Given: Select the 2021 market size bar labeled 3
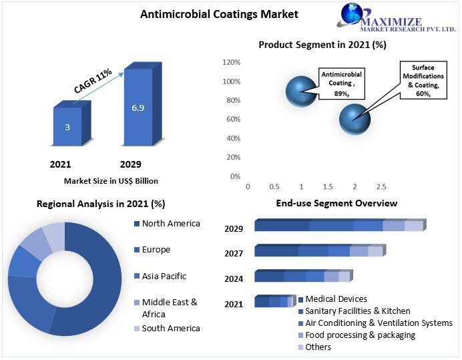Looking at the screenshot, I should (x=67, y=127).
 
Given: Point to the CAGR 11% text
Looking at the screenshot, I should (x=93, y=84).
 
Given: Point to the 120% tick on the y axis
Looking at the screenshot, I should (x=231, y=62).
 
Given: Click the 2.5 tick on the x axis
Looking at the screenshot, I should (x=381, y=187).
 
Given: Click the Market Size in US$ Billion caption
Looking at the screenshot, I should (x=111, y=181).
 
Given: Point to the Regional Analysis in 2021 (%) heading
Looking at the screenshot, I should (x=101, y=204).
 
